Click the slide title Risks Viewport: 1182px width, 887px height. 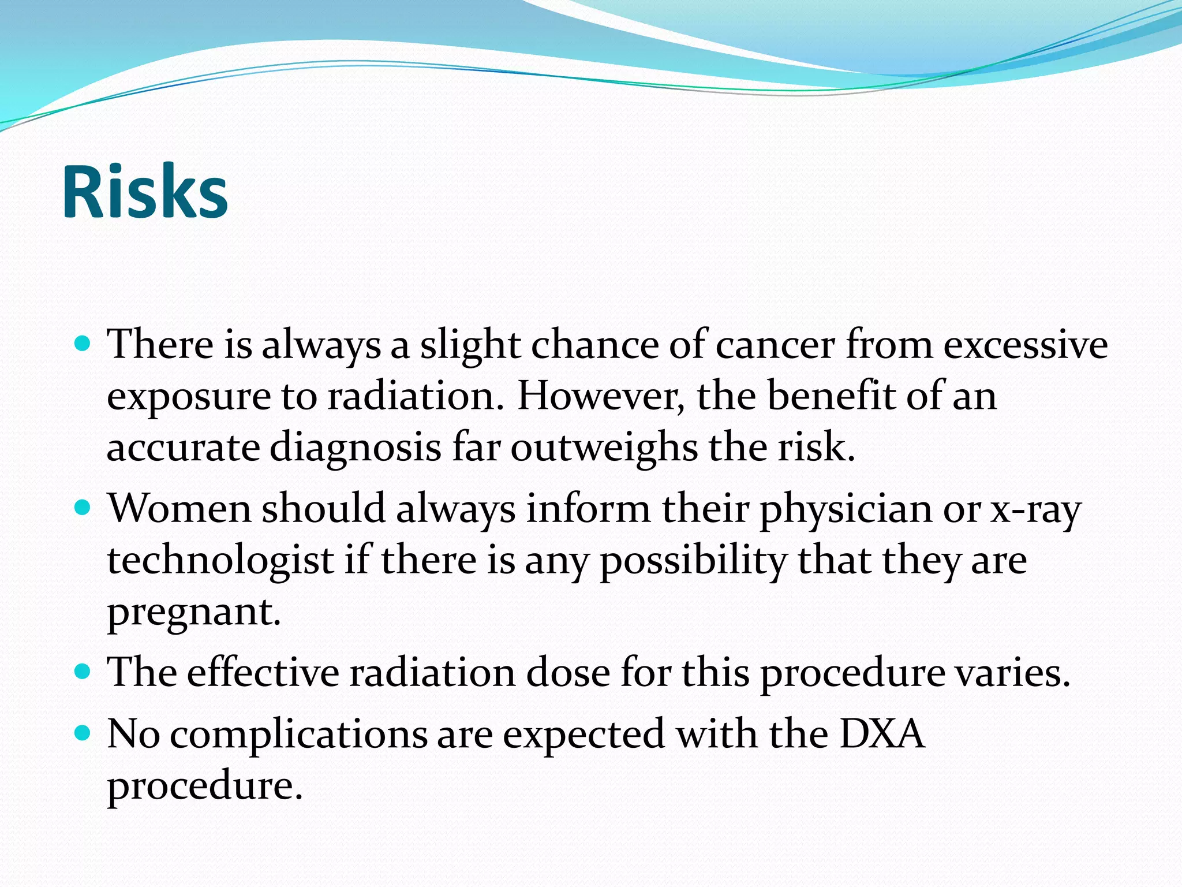click(145, 192)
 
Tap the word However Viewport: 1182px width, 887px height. click(600, 397)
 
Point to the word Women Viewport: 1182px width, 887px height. click(179, 509)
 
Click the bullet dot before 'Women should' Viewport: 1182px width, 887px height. click(83, 508)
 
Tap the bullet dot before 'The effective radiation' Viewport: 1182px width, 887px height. click(83, 672)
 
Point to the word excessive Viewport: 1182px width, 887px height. click(1025, 345)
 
